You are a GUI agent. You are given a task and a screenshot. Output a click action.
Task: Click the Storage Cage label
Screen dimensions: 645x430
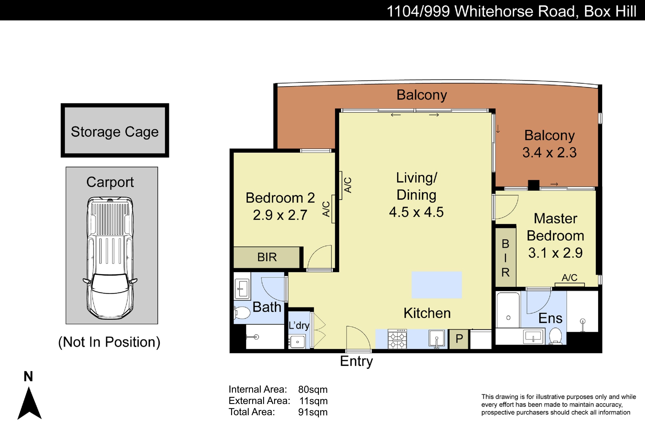pos(115,132)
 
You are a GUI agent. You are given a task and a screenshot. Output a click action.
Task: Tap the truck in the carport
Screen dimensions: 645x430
pos(110,258)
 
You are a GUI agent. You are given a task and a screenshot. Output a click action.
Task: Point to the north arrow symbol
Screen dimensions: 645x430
pos(29,403)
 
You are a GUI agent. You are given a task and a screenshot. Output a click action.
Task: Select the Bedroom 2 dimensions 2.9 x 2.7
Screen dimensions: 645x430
pos(280,215)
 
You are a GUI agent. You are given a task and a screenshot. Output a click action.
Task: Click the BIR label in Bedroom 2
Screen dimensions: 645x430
pos(267,257)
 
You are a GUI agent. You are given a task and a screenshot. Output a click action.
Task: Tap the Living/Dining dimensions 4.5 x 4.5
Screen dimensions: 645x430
pos(416,212)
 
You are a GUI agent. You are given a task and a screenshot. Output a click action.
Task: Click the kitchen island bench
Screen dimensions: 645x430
pos(437,285)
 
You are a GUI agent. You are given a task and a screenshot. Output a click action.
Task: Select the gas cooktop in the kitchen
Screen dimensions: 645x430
pos(397,339)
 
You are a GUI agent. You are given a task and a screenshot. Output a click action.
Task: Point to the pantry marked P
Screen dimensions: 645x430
pos(459,339)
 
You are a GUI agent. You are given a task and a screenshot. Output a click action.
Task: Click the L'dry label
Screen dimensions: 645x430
pos(299,326)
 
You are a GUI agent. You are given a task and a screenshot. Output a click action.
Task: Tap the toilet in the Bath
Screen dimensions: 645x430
pos(242,313)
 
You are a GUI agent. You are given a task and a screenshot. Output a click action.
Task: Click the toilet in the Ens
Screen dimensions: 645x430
pos(556,336)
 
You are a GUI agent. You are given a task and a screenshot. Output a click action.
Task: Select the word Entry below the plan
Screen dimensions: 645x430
pos(356,361)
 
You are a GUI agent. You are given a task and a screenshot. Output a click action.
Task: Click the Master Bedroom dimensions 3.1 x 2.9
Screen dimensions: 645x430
pos(555,253)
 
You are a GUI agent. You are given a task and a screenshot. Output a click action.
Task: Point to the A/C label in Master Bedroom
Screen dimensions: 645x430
pos(569,278)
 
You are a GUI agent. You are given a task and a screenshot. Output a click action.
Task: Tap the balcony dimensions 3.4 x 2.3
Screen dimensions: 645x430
pos(549,152)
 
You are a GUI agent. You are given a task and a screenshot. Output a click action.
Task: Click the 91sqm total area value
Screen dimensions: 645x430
pos(313,412)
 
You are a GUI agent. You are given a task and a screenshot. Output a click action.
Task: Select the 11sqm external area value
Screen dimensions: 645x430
pos(313,401)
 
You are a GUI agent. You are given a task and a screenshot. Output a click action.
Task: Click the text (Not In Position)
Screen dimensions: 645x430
pos(109,342)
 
